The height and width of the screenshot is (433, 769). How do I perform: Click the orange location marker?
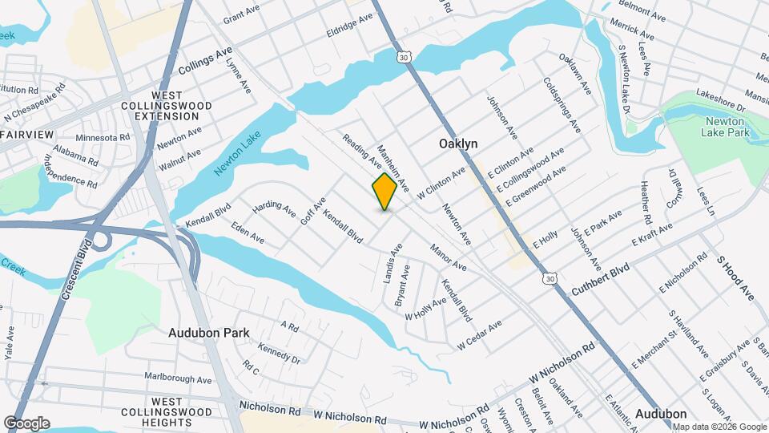click(385, 192)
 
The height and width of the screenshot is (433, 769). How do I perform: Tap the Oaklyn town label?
click(458, 144)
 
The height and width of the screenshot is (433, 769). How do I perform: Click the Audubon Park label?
click(208, 332)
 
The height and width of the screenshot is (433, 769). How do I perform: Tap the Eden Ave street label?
click(247, 233)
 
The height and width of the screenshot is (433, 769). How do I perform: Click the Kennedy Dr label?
click(279, 354)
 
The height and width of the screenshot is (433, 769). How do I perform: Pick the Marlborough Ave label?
click(178, 378)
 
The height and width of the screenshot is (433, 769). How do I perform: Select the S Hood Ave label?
click(735, 280)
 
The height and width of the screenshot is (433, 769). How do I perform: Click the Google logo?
click(26, 423)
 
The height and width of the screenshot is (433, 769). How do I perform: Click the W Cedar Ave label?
click(479, 334)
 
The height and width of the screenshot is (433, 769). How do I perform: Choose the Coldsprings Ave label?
click(561, 104)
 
